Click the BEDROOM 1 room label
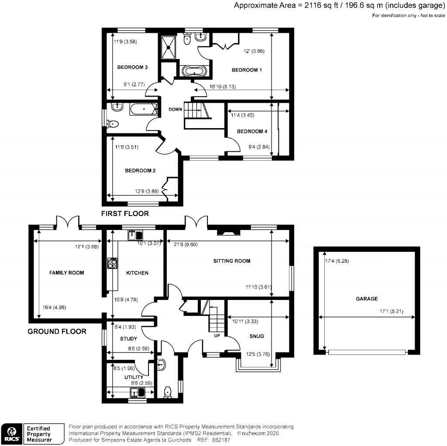(246, 70)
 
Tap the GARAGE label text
(366, 299)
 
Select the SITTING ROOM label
(231, 261)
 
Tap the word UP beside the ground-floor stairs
(217, 336)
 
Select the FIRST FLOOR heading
(125, 214)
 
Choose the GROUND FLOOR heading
(57, 331)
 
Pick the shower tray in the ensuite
(168, 46)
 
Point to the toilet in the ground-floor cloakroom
(167, 392)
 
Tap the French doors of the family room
(67, 221)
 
